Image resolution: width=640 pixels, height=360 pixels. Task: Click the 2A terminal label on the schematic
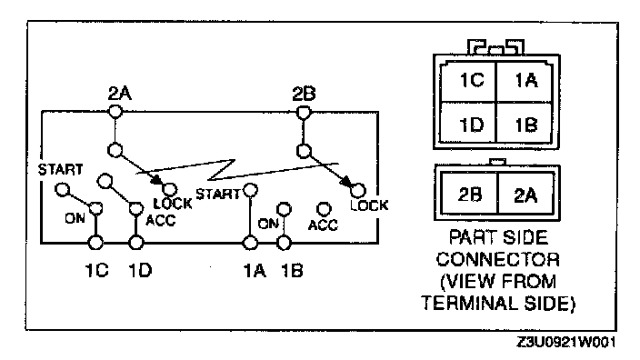pos(120,94)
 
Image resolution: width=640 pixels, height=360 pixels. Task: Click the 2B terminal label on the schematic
pos(304,94)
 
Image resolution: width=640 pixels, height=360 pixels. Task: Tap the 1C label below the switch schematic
pos(96,270)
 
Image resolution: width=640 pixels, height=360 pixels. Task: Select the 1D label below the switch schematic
pos(140,270)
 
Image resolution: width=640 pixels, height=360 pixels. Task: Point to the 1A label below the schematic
pos(255,270)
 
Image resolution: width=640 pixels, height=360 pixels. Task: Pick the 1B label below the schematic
pos(292,270)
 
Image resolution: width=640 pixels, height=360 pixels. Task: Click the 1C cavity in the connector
pos(468,82)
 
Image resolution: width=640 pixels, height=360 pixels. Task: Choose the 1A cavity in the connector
pos(524,82)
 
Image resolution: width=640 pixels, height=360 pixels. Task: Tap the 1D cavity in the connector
pos(468,122)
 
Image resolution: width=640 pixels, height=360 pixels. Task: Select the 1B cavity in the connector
pos(524,122)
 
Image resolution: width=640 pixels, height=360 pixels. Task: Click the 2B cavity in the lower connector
pos(470,194)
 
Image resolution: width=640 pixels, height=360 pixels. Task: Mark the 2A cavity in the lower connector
pos(525,194)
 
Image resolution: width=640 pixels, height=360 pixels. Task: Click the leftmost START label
pos(60,169)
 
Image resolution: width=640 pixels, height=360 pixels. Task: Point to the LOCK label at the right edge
pos(369,205)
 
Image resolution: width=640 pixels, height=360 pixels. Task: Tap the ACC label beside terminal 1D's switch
pos(160,220)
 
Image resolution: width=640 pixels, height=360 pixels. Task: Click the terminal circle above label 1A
pos(250,243)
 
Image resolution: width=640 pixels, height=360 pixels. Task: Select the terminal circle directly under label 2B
pos(303,112)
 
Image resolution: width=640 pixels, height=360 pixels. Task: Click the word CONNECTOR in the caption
pos(497,260)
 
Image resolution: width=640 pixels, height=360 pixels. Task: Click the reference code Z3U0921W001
pos(565,342)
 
